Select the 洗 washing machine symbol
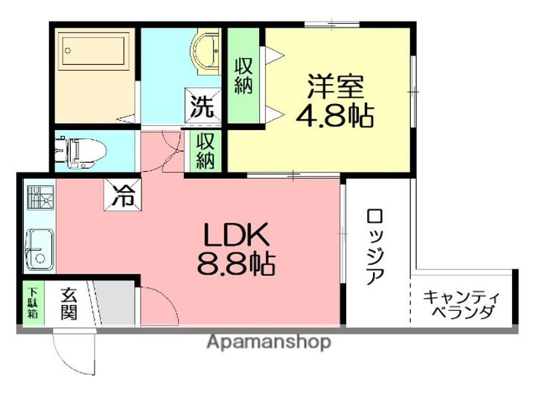click(202, 105)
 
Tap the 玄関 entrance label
click(68, 304)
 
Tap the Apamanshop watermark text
click(269, 343)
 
